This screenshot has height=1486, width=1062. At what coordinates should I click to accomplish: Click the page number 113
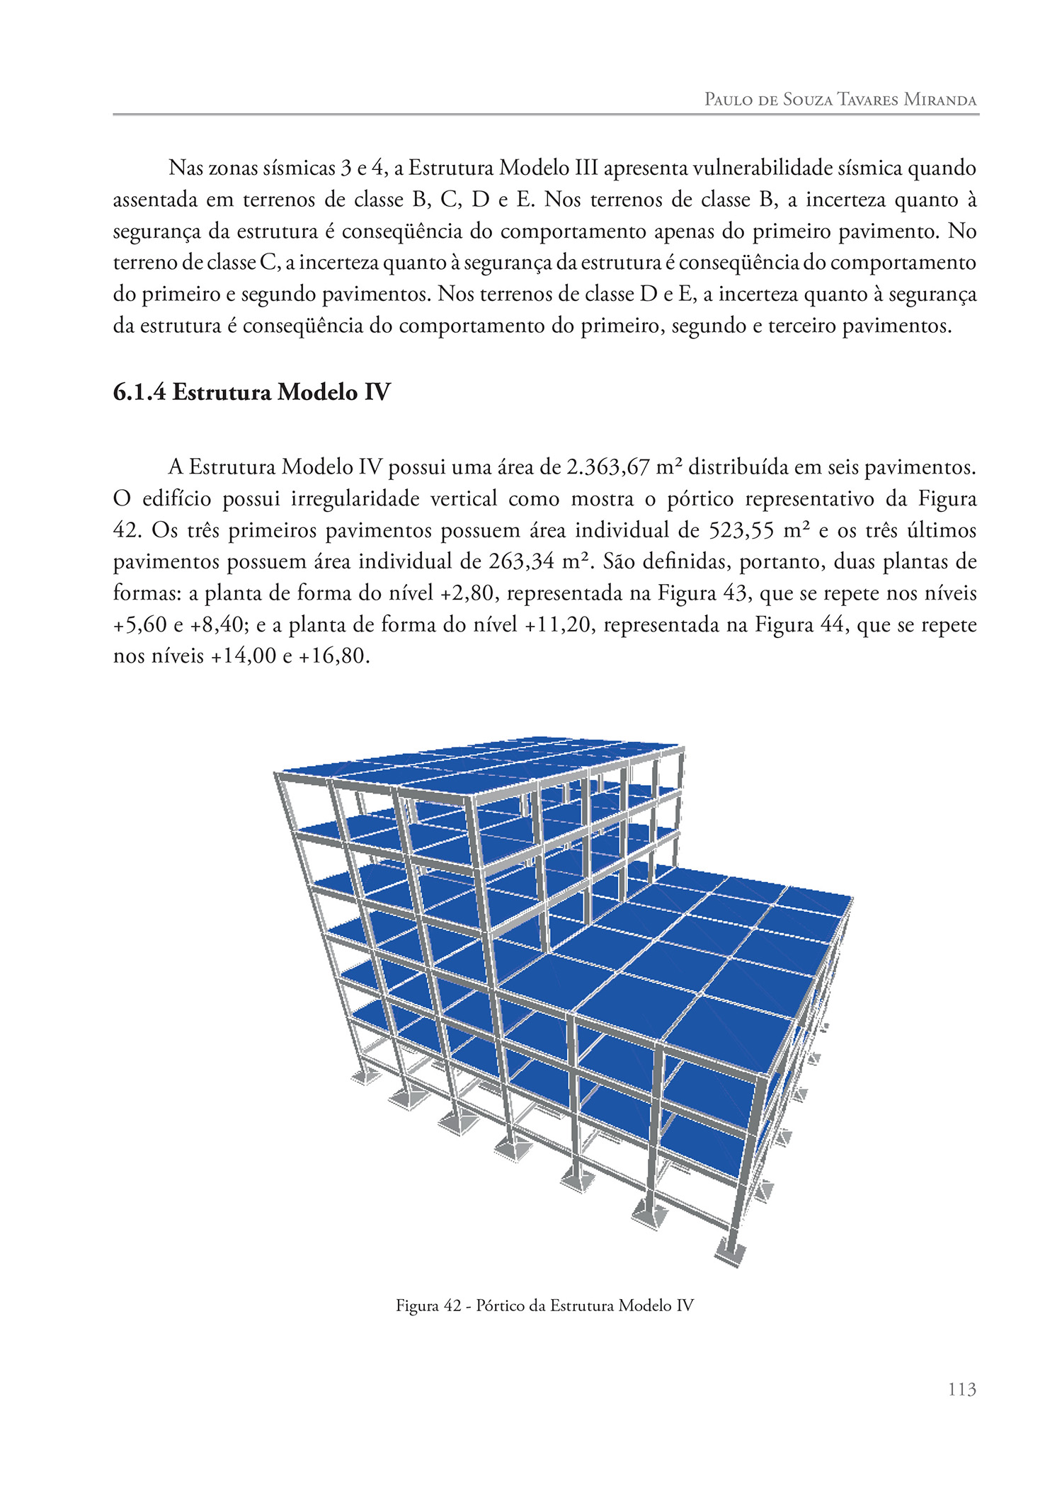coord(961,1389)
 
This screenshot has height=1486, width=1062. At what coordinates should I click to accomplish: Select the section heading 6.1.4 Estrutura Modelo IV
coord(251,391)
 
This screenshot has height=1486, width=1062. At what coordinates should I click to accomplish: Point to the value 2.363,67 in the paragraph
coord(608,467)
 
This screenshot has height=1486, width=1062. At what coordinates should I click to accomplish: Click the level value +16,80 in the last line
coord(333,656)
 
